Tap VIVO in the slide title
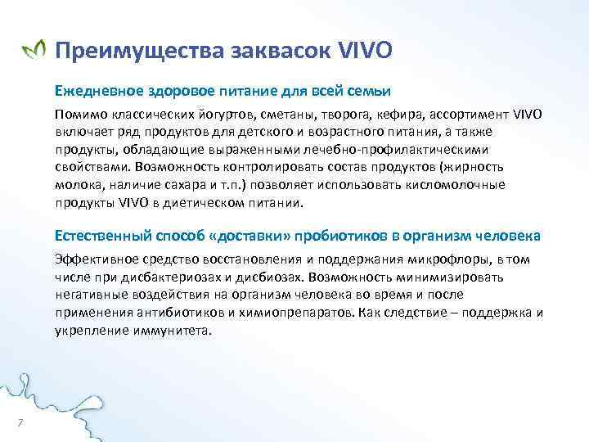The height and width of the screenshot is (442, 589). tap(364, 52)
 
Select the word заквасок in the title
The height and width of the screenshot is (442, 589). tap(277, 53)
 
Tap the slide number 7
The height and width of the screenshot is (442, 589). tap(20, 422)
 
